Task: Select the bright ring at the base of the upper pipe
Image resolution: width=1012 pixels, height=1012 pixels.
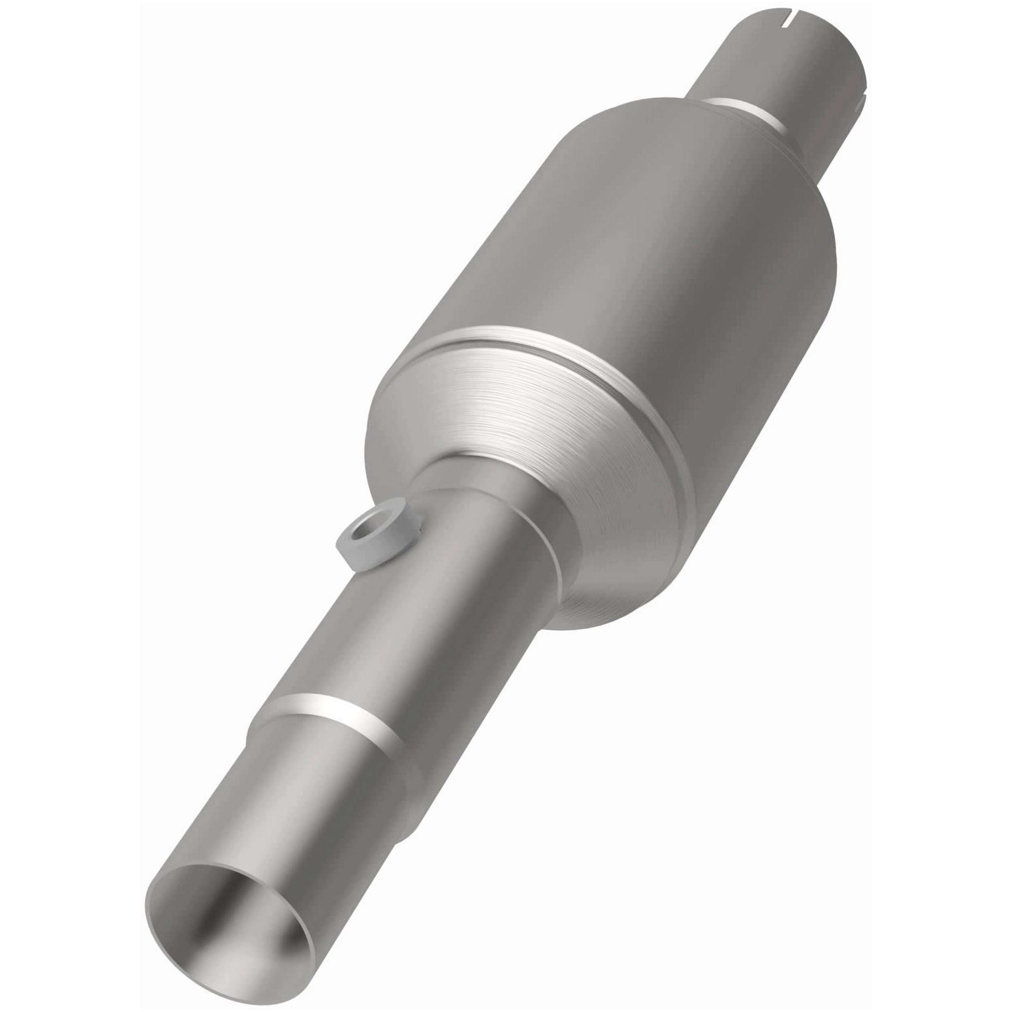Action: [x=744, y=113]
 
